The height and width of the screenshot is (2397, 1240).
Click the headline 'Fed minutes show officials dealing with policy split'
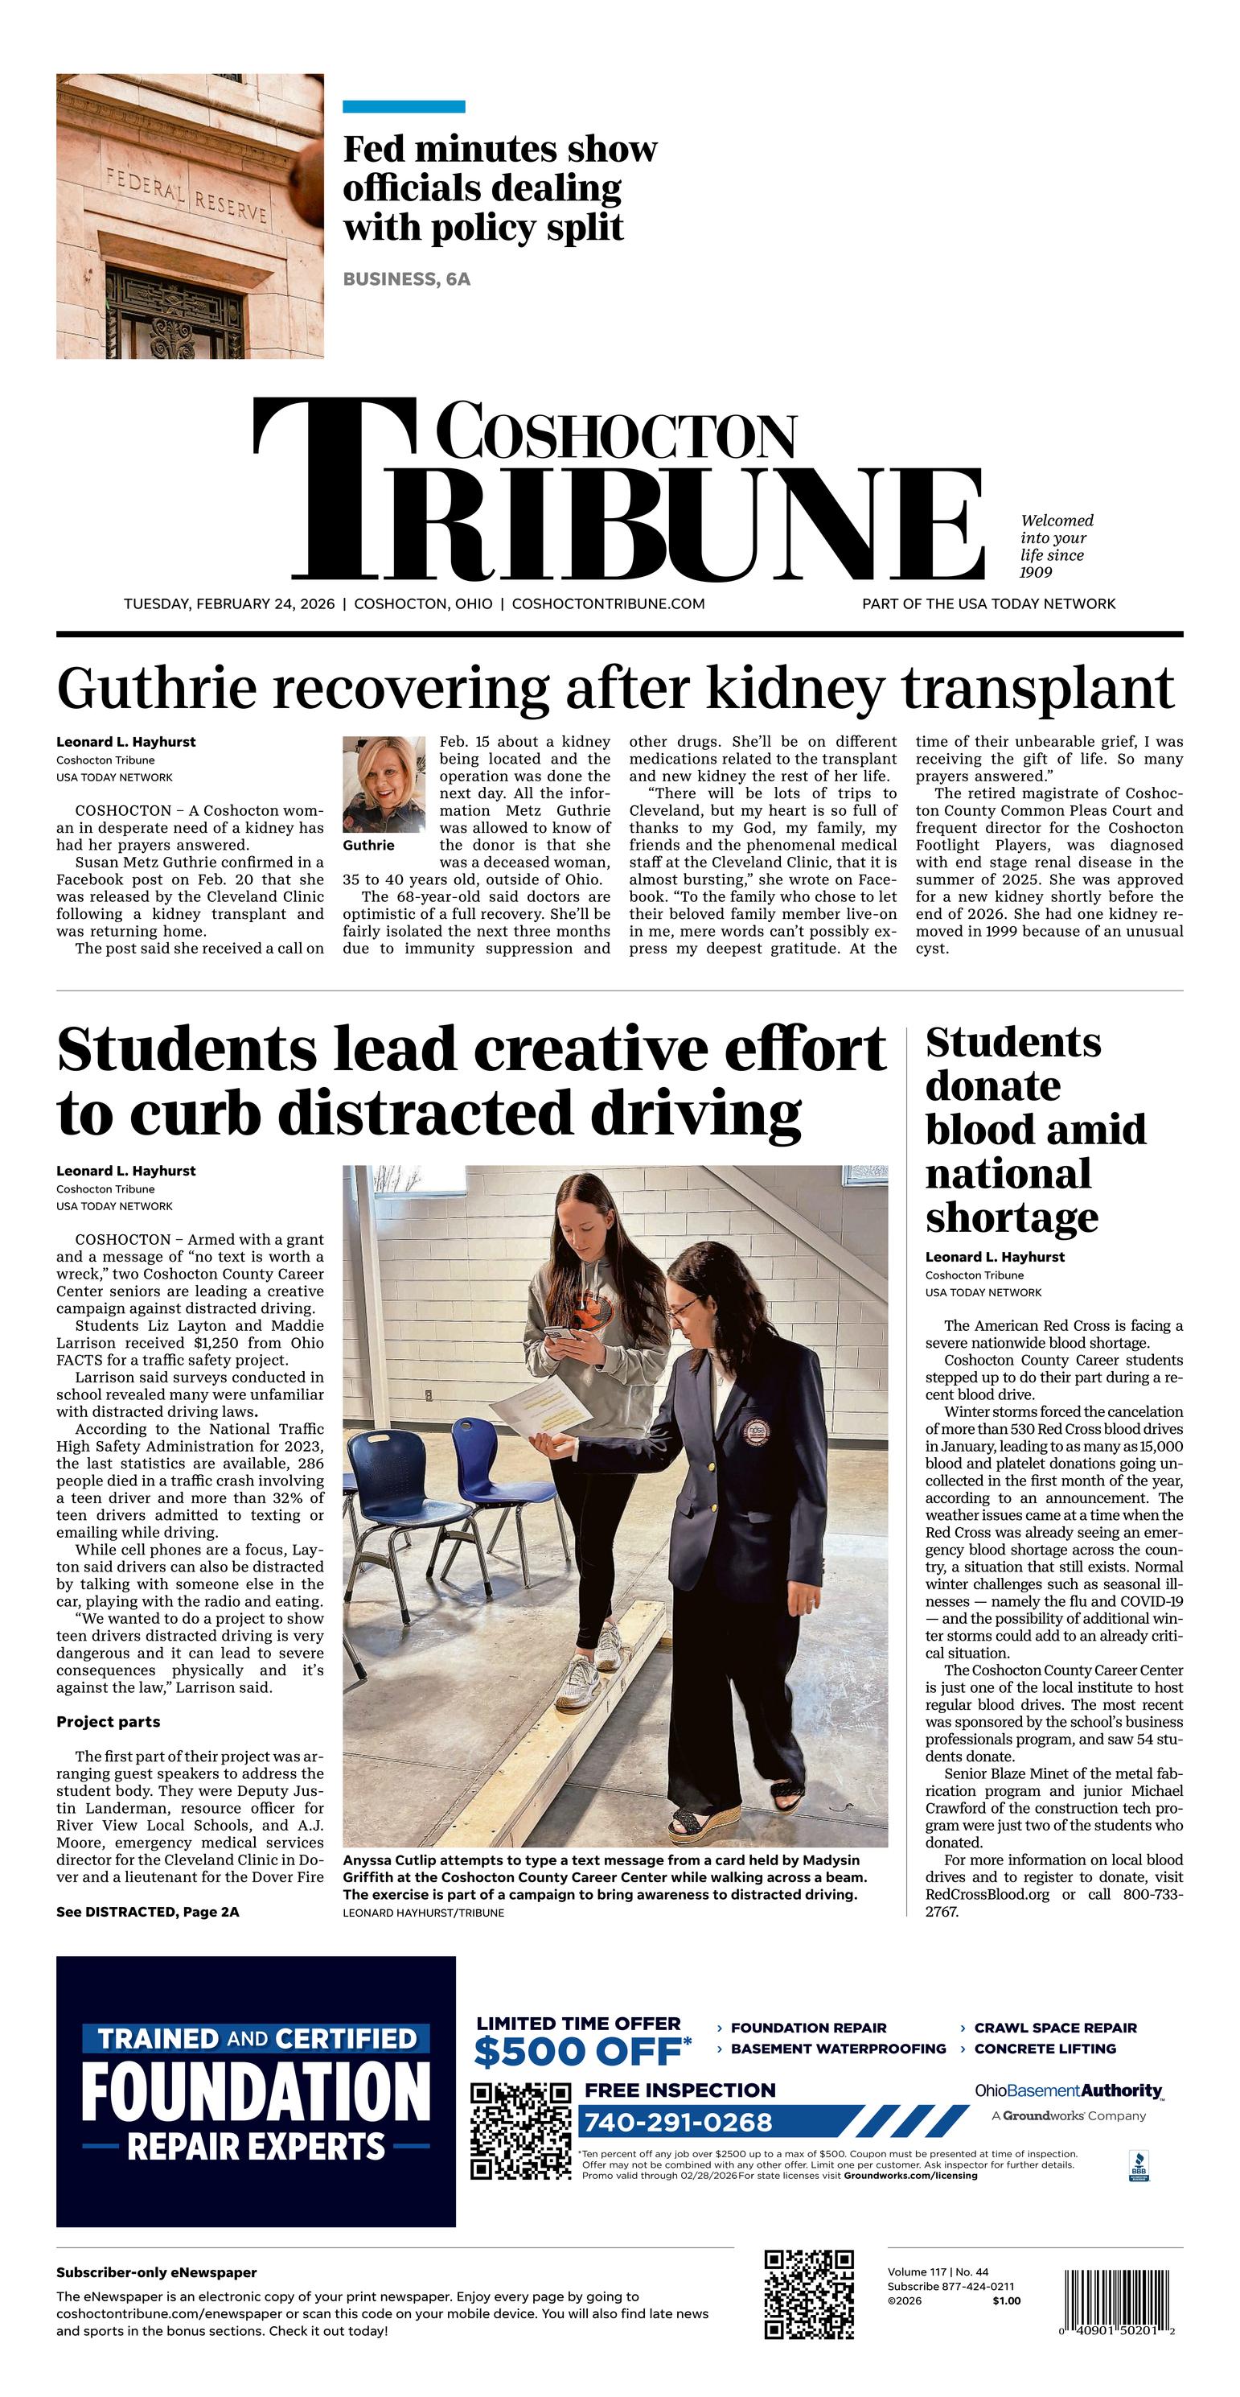pyautogui.click(x=499, y=188)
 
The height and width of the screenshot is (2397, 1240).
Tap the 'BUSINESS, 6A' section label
pyautogui.click(x=407, y=279)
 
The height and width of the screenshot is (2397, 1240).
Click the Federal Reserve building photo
pyautogui.click(x=190, y=216)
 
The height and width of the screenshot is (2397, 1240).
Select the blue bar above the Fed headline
pyautogui.click(x=404, y=107)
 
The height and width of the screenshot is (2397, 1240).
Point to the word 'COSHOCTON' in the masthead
pyautogui.click(x=616, y=433)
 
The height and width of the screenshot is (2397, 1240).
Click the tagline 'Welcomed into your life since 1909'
pyautogui.click(x=1056, y=546)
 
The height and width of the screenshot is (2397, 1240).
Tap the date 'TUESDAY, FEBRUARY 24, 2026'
pyautogui.click(x=229, y=604)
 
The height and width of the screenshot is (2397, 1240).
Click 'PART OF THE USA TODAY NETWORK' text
pyautogui.click(x=988, y=604)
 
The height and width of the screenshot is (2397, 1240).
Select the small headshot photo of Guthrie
pyautogui.click(x=384, y=785)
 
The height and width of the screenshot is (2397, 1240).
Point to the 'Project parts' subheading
pyautogui.click(x=108, y=1721)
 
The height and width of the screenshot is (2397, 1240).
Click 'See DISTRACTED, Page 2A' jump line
pyautogui.click(x=147, y=1911)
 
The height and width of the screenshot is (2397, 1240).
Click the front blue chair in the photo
pyautogui.click(x=386, y=1487)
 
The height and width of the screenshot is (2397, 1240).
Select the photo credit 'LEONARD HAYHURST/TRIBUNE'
pyautogui.click(x=423, y=1913)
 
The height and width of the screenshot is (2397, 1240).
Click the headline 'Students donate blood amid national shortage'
pyautogui.click(x=1034, y=1129)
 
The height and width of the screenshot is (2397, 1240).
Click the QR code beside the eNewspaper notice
pyautogui.click(x=808, y=2295)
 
